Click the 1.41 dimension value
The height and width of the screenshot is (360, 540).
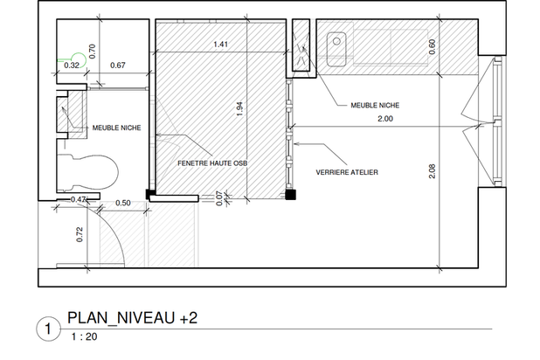220,44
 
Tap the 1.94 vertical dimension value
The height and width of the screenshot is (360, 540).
240,109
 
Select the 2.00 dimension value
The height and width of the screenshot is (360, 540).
385,119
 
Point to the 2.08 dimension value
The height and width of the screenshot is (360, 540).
433,171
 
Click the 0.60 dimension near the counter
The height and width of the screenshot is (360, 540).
432,46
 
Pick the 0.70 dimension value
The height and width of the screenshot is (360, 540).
92,52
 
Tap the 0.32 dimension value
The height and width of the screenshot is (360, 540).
72,66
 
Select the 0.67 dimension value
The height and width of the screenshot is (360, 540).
118,66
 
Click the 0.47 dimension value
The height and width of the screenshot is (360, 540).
78,199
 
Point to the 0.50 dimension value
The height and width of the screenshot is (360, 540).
123,203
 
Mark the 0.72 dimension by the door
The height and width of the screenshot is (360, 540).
80,234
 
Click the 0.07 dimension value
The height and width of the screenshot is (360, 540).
219,198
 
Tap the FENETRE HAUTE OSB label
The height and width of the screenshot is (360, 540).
212,163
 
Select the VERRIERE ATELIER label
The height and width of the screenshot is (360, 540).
347,172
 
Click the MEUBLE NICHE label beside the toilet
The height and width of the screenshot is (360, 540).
117,128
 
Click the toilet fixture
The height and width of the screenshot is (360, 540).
88,173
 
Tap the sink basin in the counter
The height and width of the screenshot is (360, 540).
336,49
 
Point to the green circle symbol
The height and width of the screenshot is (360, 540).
79,60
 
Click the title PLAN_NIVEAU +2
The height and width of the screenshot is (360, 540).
133,318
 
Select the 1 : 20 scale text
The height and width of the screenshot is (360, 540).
85,336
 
